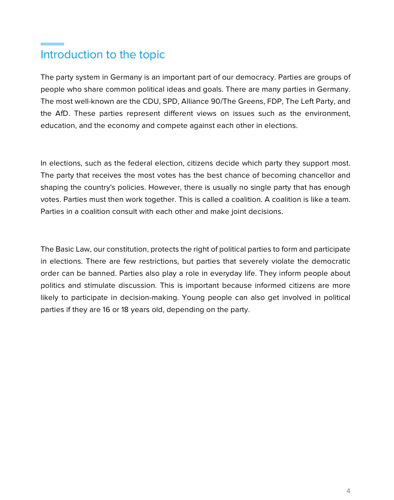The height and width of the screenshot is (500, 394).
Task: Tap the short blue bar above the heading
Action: (52, 44)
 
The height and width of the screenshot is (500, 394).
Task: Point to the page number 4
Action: (348, 491)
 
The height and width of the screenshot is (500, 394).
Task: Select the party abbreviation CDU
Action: (151, 101)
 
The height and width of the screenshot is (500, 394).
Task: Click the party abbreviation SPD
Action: (170, 101)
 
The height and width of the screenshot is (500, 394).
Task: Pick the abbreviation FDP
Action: (274, 101)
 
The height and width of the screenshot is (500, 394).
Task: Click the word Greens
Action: (251, 101)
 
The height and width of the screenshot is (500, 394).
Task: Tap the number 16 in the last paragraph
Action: (106, 310)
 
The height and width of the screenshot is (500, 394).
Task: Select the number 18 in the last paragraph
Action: (125, 310)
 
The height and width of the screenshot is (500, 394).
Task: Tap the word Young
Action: (193, 297)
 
